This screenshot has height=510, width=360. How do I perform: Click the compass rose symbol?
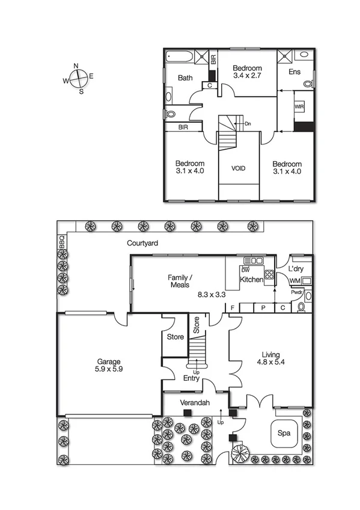pos(78,78)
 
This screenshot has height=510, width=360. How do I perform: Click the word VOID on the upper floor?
pos(239,168)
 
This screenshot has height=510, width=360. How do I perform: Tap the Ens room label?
pos(294,72)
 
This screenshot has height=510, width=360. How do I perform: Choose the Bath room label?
pos(185,78)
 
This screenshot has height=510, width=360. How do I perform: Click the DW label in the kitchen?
pos(245,269)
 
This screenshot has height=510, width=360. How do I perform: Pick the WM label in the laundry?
pos(294,280)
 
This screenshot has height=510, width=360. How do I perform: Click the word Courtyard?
pos(142,244)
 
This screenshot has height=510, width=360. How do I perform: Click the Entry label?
pos(192,378)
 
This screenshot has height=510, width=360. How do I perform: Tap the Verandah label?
pos(194,402)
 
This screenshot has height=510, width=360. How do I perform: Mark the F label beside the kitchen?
pos(232,307)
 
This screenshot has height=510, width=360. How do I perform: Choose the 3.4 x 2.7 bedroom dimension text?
pos(248,77)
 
